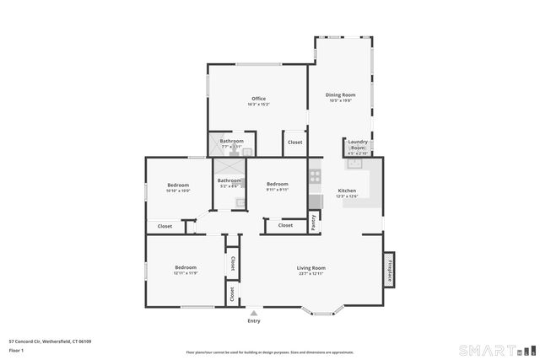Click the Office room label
click(258, 99)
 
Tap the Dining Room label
click(341, 95)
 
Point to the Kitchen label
click(348, 191)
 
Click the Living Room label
click(310, 268)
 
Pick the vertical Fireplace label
click(390, 269)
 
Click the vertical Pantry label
click(314, 223)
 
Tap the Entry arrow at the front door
click(253, 312)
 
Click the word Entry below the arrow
click(253, 321)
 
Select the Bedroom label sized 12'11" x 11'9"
click(185, 267)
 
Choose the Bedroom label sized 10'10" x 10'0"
click(178, 185)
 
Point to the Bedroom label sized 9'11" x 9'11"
click(278, 185)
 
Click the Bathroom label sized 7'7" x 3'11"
click(232, 141)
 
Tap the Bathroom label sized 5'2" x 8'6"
click(229, 180)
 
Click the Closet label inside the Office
click(294, 142)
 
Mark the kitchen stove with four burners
click(315, 177)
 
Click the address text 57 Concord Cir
click(50, 341)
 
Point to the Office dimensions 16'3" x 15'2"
click(258, 105)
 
